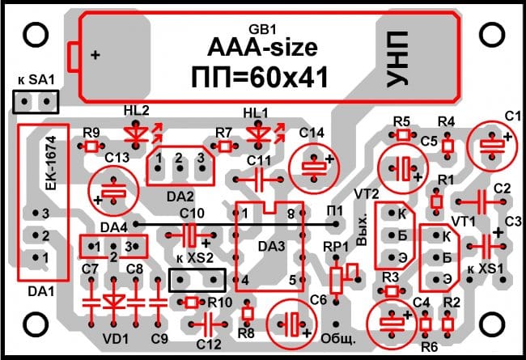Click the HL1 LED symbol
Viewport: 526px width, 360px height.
pos(260,130)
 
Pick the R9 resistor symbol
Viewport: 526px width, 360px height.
pos(91,146)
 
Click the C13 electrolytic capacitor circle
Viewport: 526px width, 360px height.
pos(114,191)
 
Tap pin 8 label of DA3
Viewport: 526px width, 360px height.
pos(290,213)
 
